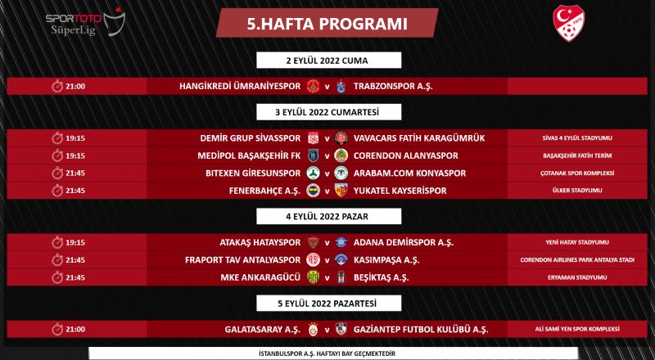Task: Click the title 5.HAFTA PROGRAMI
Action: pyautogui.click(x=327, y=24)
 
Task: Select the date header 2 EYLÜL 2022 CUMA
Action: pyautogui.click(x=327, y=60)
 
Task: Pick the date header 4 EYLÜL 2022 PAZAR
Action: pyautogui.click(x=327, y=216)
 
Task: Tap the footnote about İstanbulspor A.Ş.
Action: pyautogui.click(x=327, y=353)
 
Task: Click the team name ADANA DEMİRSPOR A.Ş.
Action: pyautogui.click(x=402, y=242)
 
